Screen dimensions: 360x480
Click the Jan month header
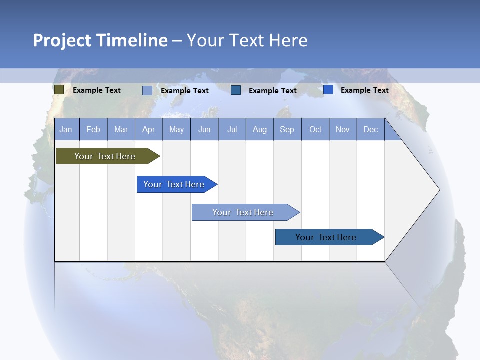(x=66, y=129)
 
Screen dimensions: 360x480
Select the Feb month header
(x=93, y=129)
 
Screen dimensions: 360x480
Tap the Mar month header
(x=121, y=129)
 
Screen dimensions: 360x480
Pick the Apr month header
(x=148, y=129)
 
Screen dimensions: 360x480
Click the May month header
(x=176, y=129)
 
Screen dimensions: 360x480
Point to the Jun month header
(x=204, y=129)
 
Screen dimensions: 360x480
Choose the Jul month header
(x=232, y=129)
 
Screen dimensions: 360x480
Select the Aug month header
(x=260, y=129)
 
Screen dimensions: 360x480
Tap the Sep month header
(x=287, y=129)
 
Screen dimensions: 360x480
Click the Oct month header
(x=315, y=129)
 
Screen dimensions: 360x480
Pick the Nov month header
(x=343, y=129)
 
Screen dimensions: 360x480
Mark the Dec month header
(x=371, y=129)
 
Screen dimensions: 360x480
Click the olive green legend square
(x=59, y=90)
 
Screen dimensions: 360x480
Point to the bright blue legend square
(x=328, y=90)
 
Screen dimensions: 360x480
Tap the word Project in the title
(x=63, y=40)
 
